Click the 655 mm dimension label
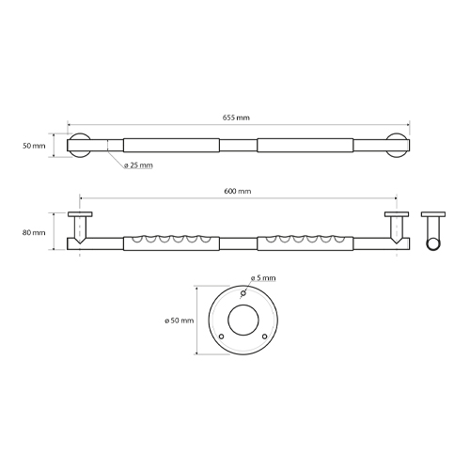pos(236,117)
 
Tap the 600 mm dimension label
pos(238,191)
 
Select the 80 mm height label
pos(34,232)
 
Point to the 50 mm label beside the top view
pos(34,146)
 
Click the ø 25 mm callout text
pos(138,165)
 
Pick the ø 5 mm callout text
pos(263,278)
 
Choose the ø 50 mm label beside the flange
pos(180,321)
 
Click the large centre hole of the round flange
pos(243,320)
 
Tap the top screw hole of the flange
pos(243,293)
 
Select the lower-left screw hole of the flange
pos(222,337)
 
